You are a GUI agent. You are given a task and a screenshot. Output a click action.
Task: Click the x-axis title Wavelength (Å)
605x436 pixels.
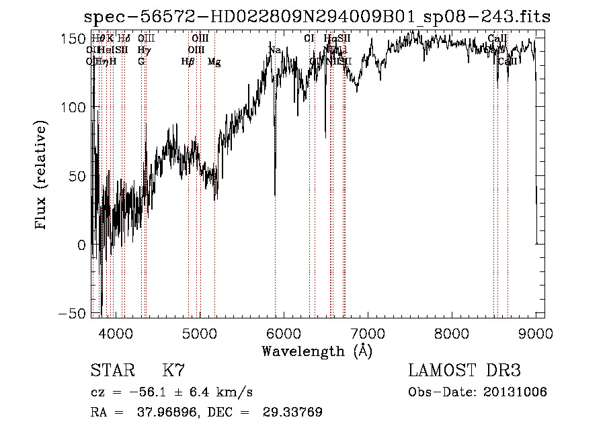[317, 351]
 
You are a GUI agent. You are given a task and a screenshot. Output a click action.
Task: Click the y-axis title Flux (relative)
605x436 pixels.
[41, 175]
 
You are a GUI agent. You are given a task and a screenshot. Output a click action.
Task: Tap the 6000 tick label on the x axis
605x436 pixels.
[284, 333]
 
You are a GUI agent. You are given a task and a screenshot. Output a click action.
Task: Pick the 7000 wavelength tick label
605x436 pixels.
[368, 333]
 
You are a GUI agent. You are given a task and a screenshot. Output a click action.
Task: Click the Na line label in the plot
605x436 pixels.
[274, 51]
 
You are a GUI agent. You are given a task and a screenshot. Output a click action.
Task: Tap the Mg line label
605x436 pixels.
[214, 62]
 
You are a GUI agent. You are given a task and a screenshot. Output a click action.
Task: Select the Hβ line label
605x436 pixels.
[188, 62]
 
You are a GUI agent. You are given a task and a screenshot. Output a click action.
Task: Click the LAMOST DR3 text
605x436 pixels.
[465, 371]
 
